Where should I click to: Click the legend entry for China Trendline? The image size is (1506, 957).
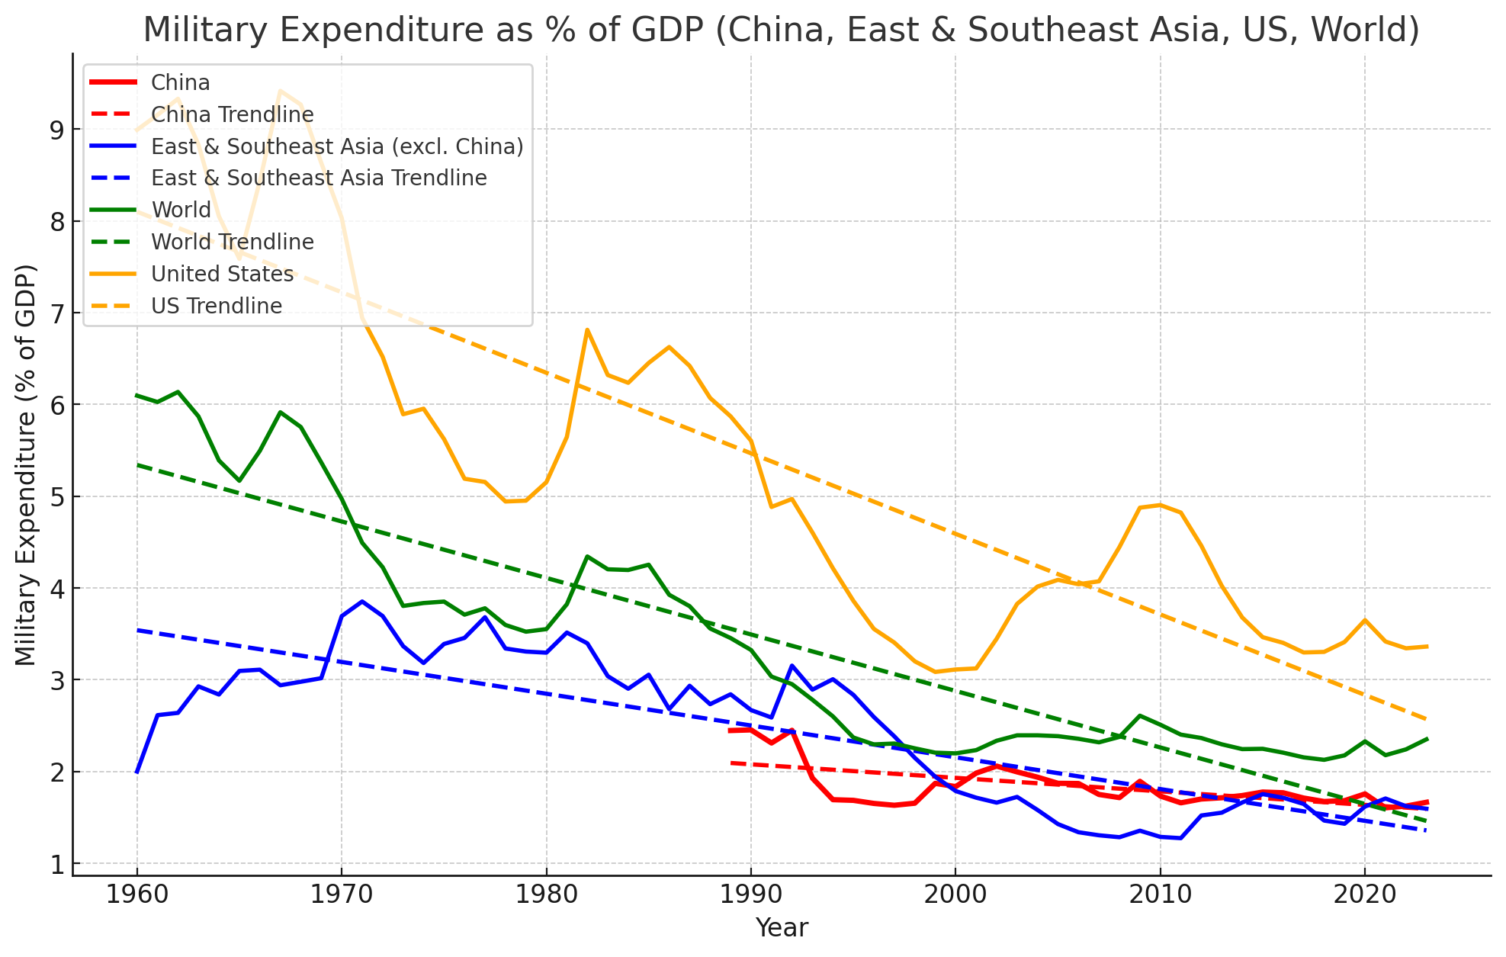232,114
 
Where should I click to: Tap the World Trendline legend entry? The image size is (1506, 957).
233,242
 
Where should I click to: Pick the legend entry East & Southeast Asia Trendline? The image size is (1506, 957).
319,178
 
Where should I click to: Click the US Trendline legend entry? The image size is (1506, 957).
217,306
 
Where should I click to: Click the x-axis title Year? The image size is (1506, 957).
782,928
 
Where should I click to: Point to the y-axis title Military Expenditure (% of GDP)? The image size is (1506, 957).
26,464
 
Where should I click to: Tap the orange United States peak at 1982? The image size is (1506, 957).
586,329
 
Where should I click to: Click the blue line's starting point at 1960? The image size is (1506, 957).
137,772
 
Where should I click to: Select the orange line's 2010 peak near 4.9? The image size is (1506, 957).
1160,505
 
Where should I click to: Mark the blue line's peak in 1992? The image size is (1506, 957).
792,666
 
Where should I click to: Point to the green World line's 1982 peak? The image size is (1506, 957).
586,556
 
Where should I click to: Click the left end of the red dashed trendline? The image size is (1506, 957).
731,763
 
